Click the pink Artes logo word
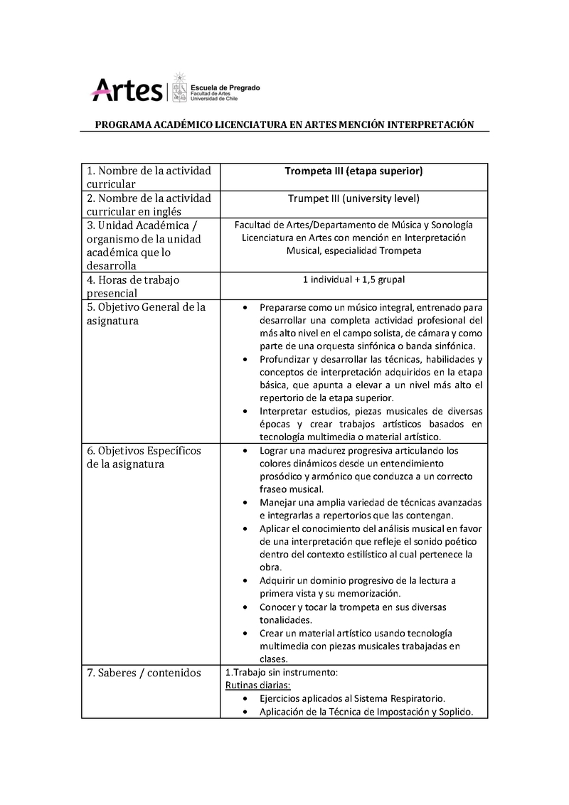(127, 90)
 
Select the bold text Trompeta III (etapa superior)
(353, 171)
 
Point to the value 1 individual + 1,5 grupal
(353, 279)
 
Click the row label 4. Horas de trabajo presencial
(133, 286)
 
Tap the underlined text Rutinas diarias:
(257, 686)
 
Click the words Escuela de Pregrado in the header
(225, 87)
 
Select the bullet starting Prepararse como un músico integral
(245, 309)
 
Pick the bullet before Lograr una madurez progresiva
(245, 451)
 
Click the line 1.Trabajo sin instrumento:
(276, 672)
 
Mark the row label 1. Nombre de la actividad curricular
(149, 177)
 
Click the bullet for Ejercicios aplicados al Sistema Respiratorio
(245, 699)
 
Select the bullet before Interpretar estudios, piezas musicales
(245, 412)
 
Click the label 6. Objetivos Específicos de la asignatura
(144, 457)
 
